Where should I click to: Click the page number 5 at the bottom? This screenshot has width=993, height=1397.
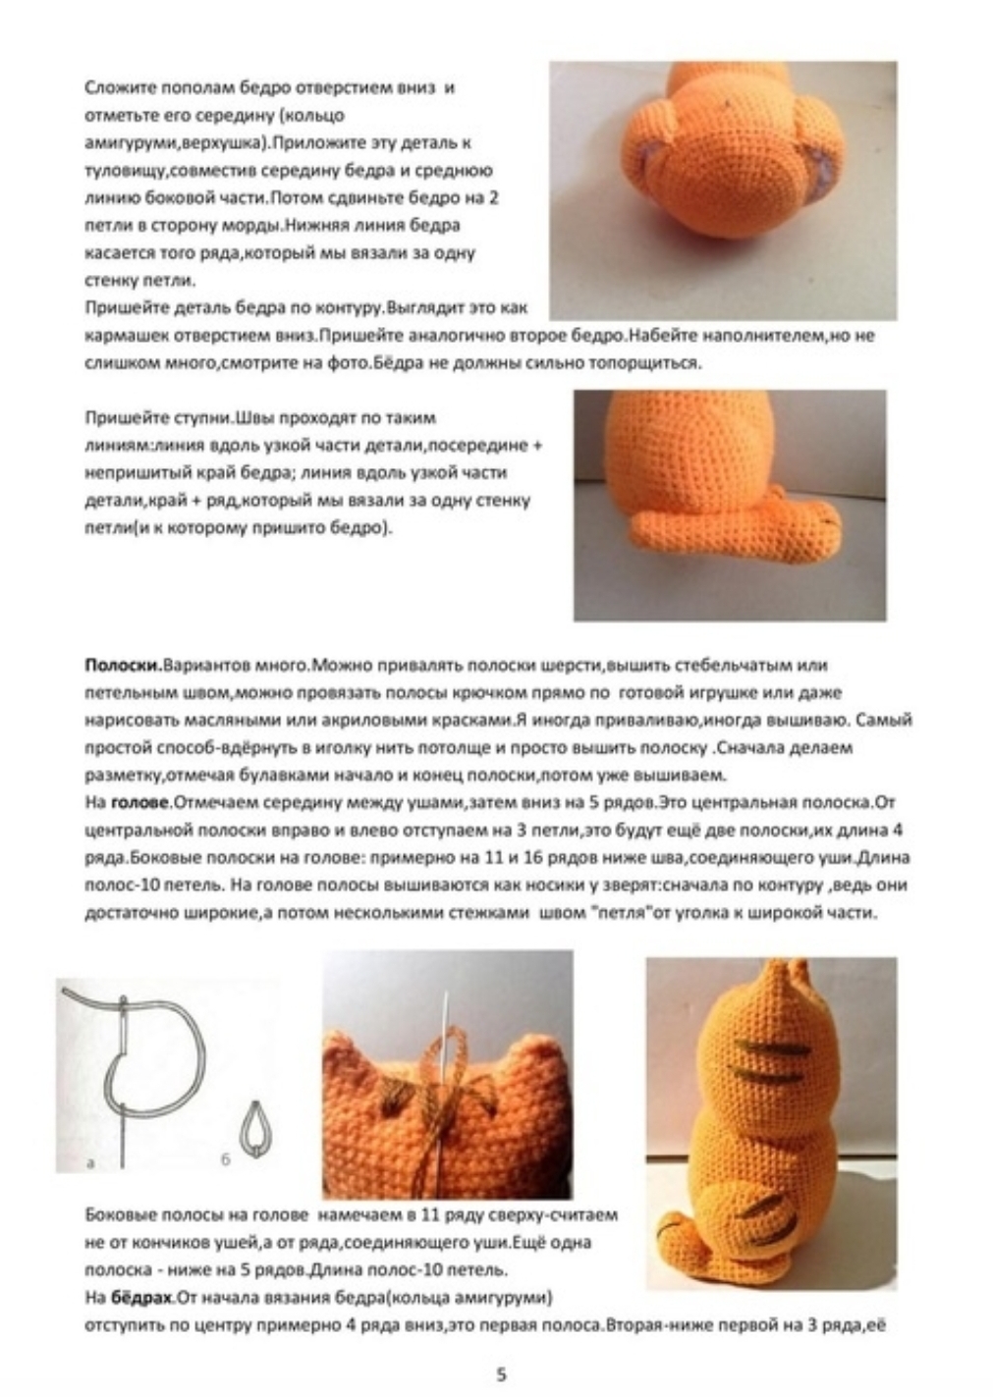click(x=501, y=1373)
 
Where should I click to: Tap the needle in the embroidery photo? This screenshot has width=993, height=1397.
click(x=447, y=1031)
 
